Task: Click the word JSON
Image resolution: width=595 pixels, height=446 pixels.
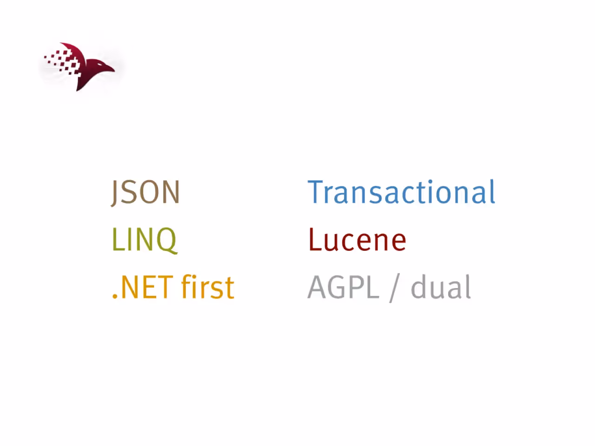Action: pyautogui.click(x=145, y=192)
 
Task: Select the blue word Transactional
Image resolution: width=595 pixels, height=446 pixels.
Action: pyautogui.click(x=402, y=191)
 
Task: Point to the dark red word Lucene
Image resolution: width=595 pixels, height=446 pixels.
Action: pyautogui.click(x=357, y=239)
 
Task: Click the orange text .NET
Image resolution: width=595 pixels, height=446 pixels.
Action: pyautogui.click(x=143, y=287)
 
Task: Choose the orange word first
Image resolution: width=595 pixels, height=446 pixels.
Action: pyautogui.click(x=208, y=286)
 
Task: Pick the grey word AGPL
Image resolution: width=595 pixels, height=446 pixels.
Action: pyautogui.click(x=344, y=287)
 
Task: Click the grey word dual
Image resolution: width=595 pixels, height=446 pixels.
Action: pyautogui.click(x=441, y=286)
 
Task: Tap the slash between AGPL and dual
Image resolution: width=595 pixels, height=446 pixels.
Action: pyautogui.click(x=395, y=288)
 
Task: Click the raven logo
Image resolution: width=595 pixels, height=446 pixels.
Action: pyautogui.click(x=79, y=66)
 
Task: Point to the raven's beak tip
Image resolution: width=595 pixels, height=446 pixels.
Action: pyautogui.click(x=114, y=71)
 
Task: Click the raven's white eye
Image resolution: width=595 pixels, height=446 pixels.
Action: pyautogui.click(x=100, y=65)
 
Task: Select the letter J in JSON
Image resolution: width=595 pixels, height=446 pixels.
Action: pyautogui.click(x=115, y=193)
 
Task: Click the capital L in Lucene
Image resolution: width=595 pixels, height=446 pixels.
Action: pyautogui.click(x=315, y=239)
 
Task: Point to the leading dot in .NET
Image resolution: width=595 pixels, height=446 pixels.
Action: pyautogui.click(x=115, y=296)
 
